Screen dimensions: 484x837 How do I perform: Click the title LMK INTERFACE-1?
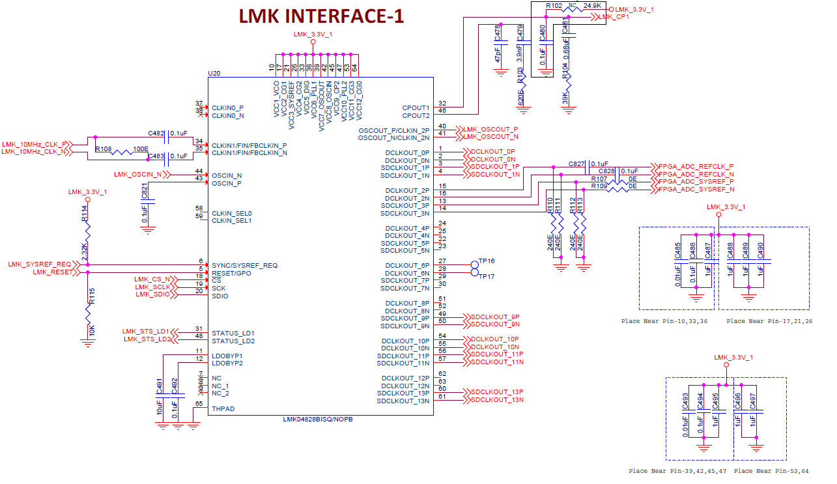point(321,16)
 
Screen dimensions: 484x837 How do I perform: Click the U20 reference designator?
point(214,73)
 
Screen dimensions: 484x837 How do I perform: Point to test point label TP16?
point(487,261)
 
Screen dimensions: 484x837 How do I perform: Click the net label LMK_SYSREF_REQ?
point(39,264)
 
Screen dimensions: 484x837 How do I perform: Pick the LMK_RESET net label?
point(53,272)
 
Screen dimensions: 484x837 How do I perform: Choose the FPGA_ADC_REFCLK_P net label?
point(696,166)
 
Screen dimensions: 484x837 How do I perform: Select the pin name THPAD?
point(223,409)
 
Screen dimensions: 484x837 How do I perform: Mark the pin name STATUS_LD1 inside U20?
point(233,333)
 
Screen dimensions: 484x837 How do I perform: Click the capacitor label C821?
point(144,191)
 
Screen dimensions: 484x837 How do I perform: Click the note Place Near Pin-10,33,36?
point(664,321)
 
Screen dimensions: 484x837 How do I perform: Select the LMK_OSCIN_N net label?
point(137,175)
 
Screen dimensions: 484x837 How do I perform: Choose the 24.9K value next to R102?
point(592,5)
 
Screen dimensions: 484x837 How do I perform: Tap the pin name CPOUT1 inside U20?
point(416,108)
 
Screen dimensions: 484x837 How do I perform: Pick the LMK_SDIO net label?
point(152,294)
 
